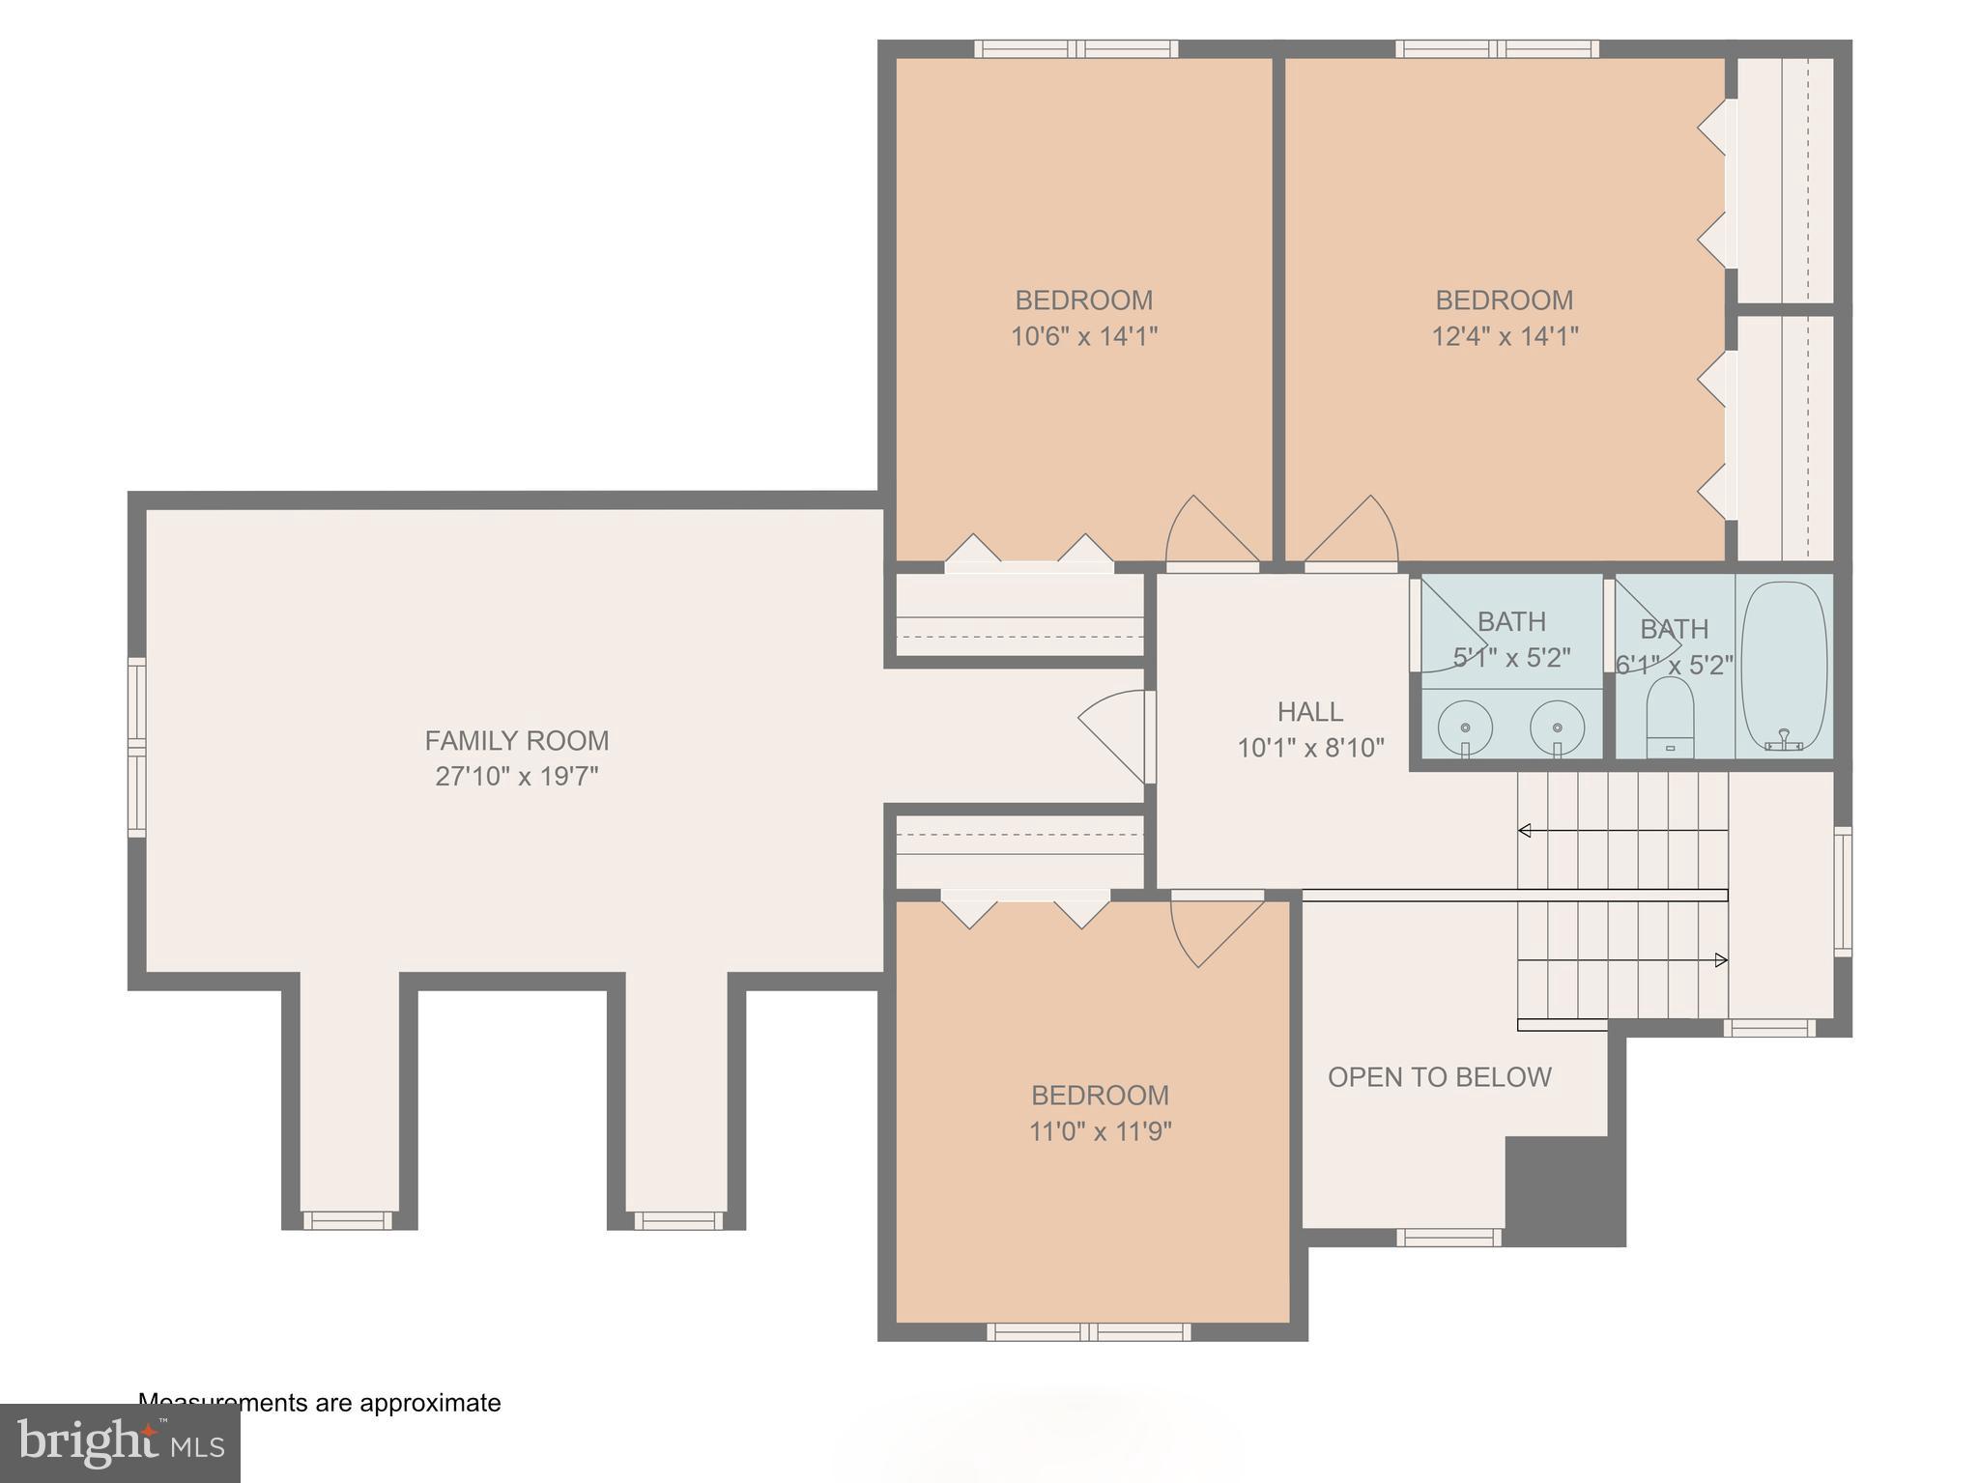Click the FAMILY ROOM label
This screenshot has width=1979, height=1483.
(516, 741)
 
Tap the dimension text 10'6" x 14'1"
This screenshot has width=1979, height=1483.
(1083, 336)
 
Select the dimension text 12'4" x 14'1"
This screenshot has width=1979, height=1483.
(1504, 336)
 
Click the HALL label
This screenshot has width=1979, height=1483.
(1309, 712)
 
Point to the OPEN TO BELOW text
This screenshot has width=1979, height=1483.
(1439, 1077)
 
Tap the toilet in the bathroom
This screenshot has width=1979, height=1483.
(1670, 717)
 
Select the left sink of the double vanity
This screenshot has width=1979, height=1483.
(1465, 727)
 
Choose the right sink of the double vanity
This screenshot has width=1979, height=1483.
(1557, 727)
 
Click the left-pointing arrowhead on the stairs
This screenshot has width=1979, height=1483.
(1525, 830)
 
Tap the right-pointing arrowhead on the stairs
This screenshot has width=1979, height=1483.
(1720, 960)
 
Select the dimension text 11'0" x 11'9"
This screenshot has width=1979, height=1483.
(1100, 1131)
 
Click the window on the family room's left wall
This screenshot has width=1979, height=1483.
(137, 747)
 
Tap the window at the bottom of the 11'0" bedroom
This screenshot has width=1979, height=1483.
(1088, 1332)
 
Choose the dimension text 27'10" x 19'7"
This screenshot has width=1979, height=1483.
(516, 777)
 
